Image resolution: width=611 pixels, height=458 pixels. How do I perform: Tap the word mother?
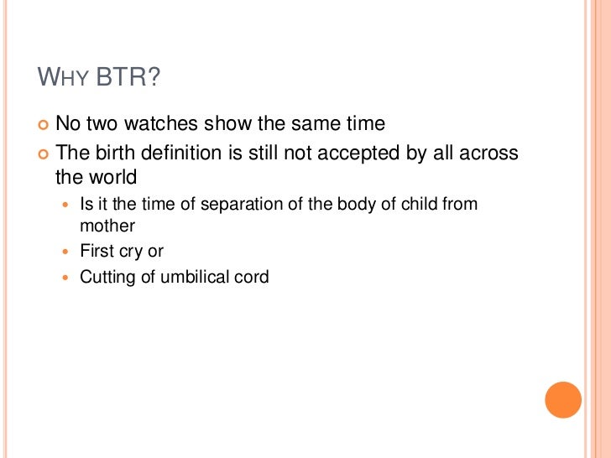pyautogui.click(x=107, y=226)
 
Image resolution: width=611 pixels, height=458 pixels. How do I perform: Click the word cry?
pyautogui.click(x=132, y=251)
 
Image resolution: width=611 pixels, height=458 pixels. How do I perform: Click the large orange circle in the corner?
pyautogui.click(x=563, y=400)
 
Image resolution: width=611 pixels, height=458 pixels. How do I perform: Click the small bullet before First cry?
pyautogui.click(x=69, y=252)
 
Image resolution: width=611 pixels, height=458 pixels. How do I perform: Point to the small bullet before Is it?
pyautogui.click(x=69, y=205)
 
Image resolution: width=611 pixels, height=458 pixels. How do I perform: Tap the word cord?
pyautogui.click(x=251, y=277)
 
